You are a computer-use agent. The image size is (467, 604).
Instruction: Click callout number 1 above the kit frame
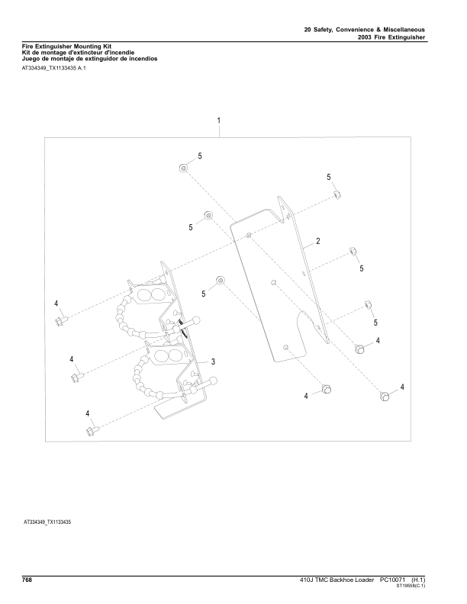click(x=219, y=120)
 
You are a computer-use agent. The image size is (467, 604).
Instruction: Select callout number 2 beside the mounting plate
click(x=318, y=241)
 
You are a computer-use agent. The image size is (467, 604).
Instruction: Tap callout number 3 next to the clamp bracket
click(x=213, y=361)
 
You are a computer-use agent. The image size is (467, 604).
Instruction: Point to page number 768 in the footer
click(x=27, y=580)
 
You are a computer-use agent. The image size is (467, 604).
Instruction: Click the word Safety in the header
click(x=323, y=30)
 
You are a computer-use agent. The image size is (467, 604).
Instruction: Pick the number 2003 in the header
click(x=365, y=37)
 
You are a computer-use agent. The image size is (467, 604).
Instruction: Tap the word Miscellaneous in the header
click(x=404, y=30)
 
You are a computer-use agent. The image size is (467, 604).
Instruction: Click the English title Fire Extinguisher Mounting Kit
click(x=66, y=47)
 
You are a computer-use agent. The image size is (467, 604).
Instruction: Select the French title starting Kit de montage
click(x=79, y=53)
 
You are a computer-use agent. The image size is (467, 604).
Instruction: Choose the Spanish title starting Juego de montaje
click(x=90, y=59)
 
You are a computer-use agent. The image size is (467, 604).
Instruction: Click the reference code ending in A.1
click(x=54, y=69)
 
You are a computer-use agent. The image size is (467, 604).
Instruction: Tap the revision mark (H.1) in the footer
click(x=418, y=580)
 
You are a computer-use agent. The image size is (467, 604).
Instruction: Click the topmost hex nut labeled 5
click(x=183, y=168)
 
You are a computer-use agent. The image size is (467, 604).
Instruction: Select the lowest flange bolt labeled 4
click(x=92, y=429)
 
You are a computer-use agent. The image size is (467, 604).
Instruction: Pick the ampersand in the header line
click(x=378, y=30)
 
